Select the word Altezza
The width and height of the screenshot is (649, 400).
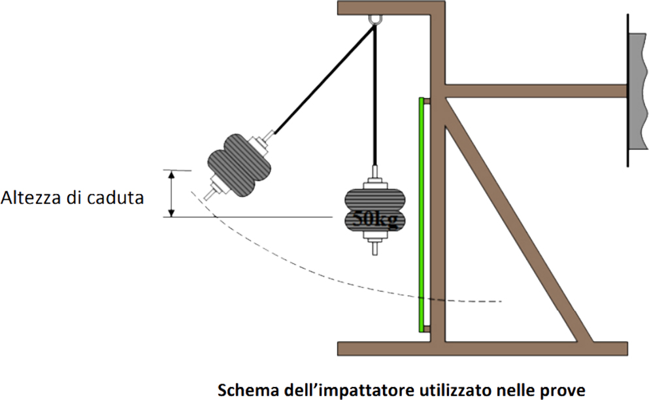(33, 197)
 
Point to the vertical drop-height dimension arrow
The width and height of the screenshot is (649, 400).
(171, 193)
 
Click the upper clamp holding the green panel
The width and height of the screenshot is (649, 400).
(426, 101)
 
